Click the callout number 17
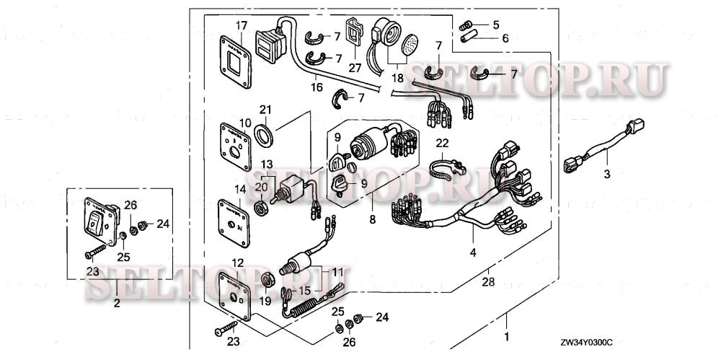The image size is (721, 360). (x=242, y=25)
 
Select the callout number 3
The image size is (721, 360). (x=606, y=174)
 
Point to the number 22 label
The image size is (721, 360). (x=442, y=143)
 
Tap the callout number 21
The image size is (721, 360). (x=265, y=109)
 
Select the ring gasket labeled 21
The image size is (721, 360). (x=265, y=134)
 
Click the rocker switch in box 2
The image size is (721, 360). (x=97, y=223)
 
